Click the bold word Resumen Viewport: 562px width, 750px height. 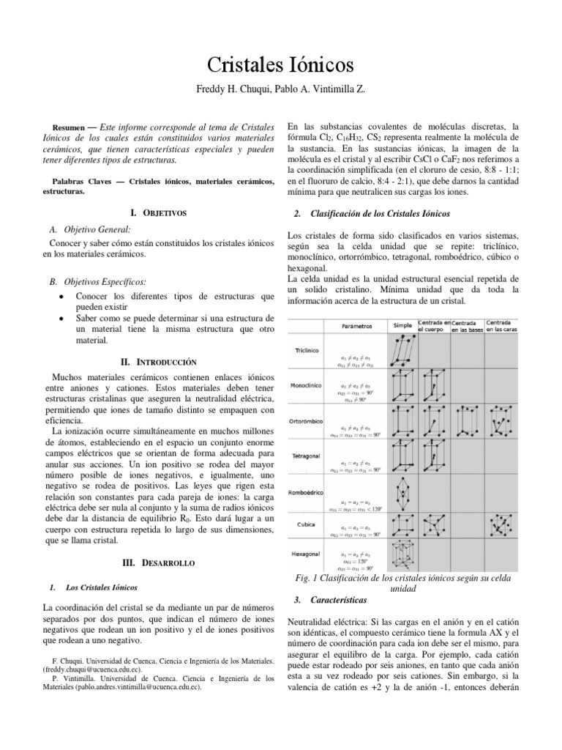point(71,127)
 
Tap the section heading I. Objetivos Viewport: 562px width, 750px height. point(159,212)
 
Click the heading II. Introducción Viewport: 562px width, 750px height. point(159,362)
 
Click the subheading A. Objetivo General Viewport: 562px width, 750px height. point(89,230)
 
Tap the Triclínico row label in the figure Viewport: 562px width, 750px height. point(307,350)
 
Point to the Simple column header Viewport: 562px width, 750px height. point(402,324)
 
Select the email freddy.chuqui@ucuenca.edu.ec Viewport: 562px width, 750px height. point(92,669)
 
